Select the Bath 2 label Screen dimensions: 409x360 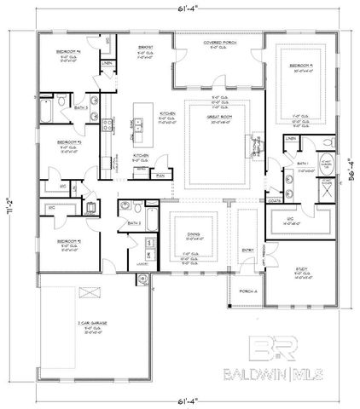point(134,223)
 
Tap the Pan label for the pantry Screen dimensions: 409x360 point(160,174)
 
